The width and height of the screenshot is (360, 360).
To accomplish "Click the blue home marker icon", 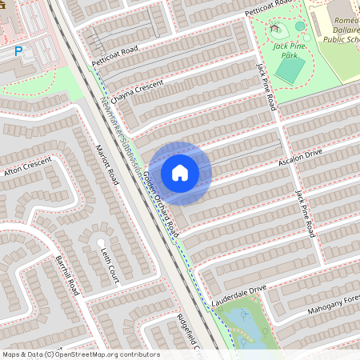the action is coord(180,172).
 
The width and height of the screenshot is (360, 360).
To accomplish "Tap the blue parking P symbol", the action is coord(18,51).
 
